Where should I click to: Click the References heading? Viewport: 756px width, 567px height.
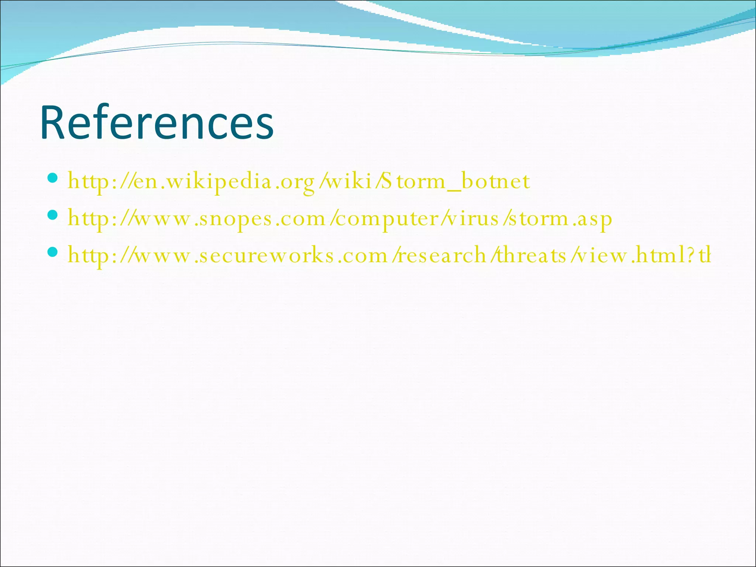[157, 123]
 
